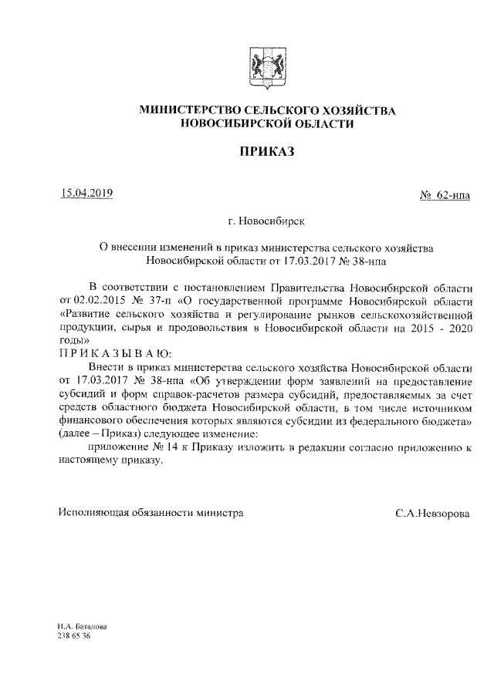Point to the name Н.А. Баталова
pyautogui.click(x=82, y=628)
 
